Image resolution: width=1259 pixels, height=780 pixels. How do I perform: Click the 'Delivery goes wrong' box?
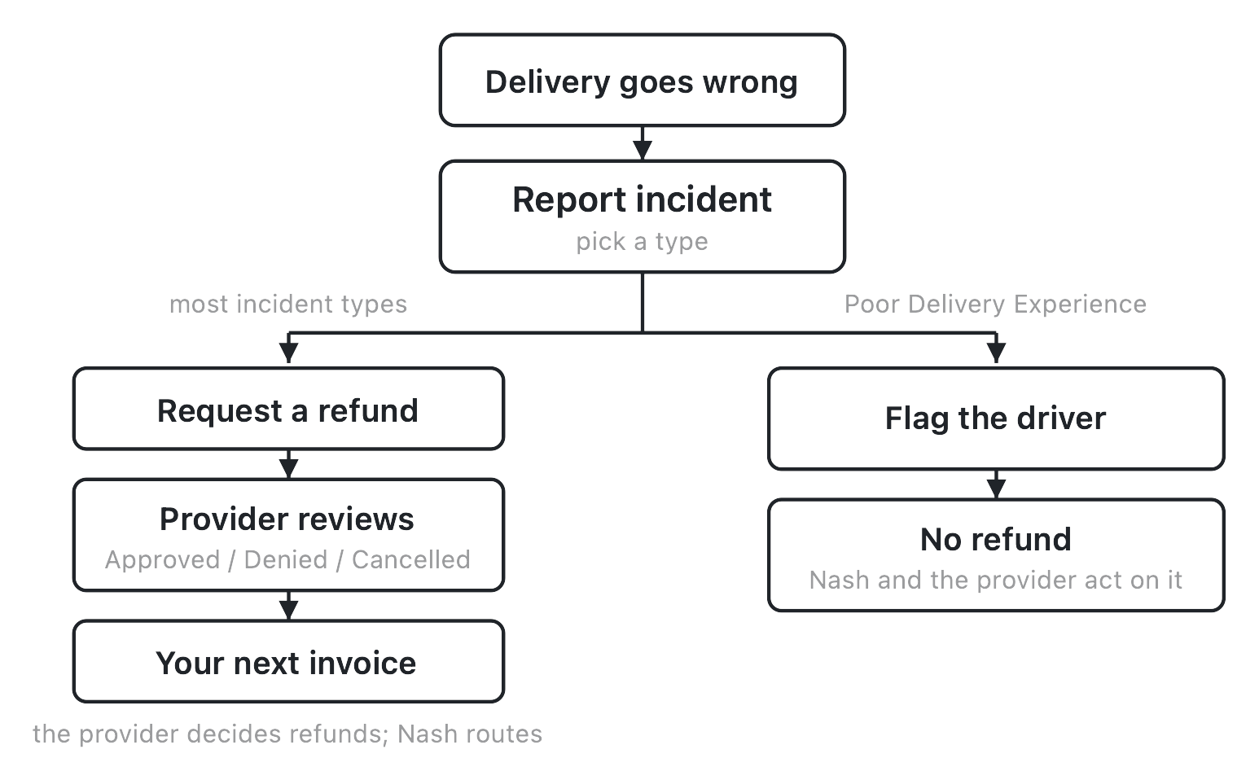point(642,80)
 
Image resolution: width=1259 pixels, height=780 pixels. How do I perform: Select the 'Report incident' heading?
point(642,199)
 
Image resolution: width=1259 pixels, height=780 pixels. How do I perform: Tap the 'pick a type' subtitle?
point(642,242)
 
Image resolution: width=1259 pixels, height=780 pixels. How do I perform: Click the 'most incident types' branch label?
point(288,304)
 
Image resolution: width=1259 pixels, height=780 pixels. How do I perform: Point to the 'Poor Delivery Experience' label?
point(995,304)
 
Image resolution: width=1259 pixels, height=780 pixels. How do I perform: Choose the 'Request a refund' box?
point(288,409)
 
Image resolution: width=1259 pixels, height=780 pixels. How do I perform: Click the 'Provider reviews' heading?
point(287,519)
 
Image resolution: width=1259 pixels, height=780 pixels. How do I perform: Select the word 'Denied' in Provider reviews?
point(286,559)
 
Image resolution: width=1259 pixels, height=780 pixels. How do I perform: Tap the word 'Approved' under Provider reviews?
point(162,559)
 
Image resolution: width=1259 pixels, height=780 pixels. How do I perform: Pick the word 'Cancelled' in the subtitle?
point(411,559)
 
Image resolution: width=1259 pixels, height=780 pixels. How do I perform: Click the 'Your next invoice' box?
point(288,661)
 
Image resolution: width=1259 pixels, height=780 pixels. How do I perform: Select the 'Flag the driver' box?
point(996,418)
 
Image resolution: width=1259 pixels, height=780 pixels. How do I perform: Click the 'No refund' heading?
point(996,540)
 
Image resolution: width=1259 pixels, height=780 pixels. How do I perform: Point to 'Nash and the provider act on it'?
point(996,580)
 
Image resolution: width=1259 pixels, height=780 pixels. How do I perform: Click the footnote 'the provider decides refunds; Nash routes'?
point(287,734)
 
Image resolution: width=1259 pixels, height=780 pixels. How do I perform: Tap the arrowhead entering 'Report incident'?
point(643,151)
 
